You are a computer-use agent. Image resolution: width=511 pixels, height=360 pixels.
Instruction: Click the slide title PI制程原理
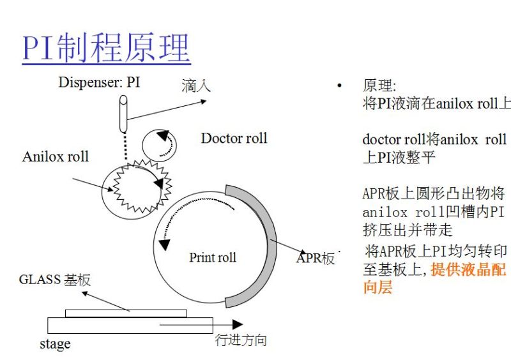(x=106, y=48)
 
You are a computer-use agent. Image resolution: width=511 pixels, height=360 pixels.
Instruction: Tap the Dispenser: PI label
(x=98, y=82)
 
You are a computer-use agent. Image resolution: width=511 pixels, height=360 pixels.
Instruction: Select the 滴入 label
(x=195, y=86)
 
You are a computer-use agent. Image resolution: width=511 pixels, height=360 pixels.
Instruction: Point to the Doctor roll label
(x=234, y=139)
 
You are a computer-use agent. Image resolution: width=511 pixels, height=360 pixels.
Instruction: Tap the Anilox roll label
(x=56, y=156)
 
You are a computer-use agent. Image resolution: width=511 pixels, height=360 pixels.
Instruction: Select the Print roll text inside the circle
(x=212, y=257)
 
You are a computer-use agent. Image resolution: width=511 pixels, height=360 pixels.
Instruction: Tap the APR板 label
(x=316, y=259)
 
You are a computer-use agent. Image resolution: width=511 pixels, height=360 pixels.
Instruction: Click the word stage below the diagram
(x=55, y=344)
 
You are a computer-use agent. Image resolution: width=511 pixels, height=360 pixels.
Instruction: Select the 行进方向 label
(x=240, y=340)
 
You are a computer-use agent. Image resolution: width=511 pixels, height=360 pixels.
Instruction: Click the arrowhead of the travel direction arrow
(x=237, y=324)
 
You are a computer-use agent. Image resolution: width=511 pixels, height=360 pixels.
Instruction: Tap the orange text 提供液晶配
(x=468, y=270)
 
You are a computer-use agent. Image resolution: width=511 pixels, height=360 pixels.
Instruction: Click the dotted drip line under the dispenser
(x=125, y=143)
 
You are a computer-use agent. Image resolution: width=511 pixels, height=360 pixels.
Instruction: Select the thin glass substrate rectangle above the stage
(x=126, y=313)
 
